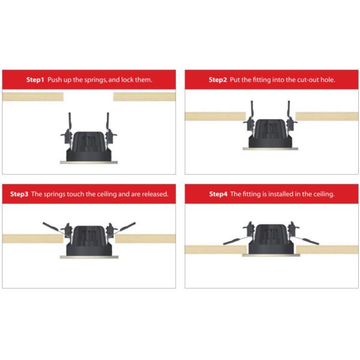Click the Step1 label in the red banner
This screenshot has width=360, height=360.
35,80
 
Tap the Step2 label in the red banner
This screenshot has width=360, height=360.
218,80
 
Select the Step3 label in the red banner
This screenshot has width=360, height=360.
19,194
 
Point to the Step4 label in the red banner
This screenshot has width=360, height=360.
218,194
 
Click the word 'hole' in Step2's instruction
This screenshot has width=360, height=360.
328,80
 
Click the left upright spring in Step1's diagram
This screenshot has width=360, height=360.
70,123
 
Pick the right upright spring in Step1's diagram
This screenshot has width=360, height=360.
107,123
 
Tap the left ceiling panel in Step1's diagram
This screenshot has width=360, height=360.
33,97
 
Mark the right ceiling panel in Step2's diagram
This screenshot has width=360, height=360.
327,116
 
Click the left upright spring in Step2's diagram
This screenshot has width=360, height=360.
252,111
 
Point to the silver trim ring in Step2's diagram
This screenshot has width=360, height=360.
271,149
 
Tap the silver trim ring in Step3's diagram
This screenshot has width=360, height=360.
89,257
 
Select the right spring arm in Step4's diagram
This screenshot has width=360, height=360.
307,241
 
